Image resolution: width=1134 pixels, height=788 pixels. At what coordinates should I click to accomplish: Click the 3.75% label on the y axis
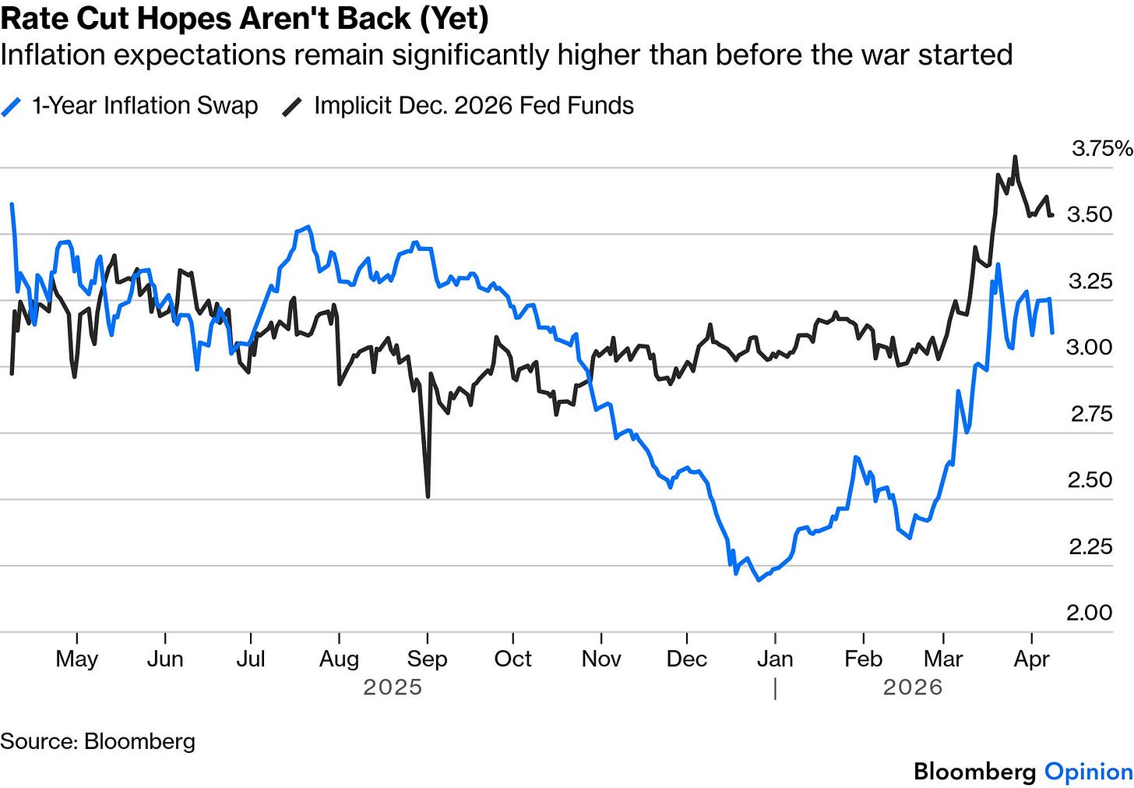(1102, 148)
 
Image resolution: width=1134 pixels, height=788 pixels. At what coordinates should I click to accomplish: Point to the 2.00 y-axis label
(1090, 613)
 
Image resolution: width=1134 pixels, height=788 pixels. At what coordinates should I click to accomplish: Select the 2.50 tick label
(1090, 480)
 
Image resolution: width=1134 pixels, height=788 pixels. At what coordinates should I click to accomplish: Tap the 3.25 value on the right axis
(1090, 281)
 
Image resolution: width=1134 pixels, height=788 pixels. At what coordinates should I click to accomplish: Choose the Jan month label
(775, 659)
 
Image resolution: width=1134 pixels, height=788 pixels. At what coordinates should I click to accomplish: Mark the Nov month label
(601, 659)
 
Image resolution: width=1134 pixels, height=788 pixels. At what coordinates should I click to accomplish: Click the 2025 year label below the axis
(393, 687)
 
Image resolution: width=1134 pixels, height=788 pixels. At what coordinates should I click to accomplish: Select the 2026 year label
(913, 687)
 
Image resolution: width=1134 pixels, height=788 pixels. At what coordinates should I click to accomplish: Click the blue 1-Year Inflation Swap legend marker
(11, 108)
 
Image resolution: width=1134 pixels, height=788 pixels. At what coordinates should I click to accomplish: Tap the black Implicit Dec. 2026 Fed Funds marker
(292, 108)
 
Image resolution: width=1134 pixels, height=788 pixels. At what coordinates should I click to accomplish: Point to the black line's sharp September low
(428, 496)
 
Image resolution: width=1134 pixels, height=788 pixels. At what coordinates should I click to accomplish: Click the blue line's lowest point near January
(759, 580)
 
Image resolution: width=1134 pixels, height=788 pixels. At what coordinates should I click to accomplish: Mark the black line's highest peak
(1015, 157)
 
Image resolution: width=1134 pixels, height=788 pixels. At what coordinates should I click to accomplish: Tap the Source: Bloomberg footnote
(97, 741)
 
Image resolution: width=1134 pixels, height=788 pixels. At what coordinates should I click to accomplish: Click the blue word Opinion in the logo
(1089, 772)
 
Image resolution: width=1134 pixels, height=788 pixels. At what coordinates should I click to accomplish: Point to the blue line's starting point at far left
(12, 204)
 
